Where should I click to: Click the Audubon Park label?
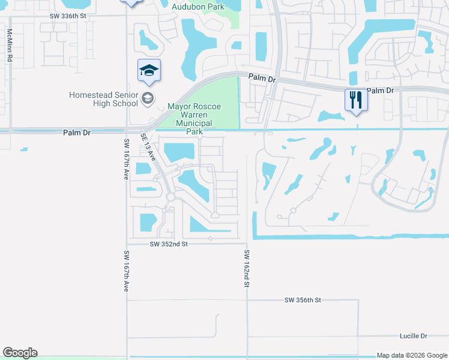click(197, 7)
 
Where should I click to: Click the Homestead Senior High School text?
click(104, 99)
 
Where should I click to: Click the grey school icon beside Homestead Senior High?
click(148, 98)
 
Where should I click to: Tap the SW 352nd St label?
click(169, 244)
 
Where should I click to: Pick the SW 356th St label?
click(303, 299)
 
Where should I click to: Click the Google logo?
click(20, 353)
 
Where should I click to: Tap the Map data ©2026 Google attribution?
click(411, 355)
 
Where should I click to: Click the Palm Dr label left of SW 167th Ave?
click(76, 133)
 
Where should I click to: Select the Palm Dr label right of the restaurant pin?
click(380, 91)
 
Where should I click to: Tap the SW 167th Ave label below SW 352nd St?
click(126, 271)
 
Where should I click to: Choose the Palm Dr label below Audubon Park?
click(262, 78)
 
